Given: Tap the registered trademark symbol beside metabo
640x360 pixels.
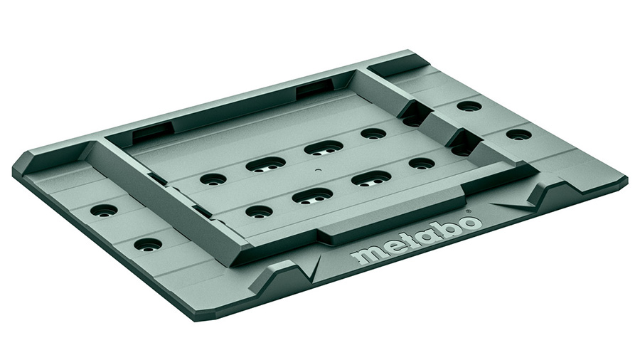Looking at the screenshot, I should [x=468, y=212].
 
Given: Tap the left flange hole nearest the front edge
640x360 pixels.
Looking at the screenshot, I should [x=148, y=245].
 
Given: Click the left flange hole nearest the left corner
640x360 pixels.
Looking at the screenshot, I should [x=104, y=211].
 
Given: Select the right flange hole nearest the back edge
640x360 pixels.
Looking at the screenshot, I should [x=469, y=107].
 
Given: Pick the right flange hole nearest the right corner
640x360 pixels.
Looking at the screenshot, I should [x=518, y=134].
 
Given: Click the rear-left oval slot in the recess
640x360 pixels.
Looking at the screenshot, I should [x=265, y=164].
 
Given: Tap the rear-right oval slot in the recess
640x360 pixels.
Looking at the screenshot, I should [x=324, y=148].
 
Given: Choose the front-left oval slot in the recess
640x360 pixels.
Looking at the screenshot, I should [x=312, y=196].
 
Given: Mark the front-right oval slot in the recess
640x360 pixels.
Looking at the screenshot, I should [x=370, y=178].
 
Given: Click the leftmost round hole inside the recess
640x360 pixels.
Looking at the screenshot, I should [x=213, y=179].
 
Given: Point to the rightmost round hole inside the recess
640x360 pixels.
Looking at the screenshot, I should [x=422, y=164].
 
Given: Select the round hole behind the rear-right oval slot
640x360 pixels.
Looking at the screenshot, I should [x=373, y=134].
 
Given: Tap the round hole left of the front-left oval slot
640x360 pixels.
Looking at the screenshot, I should [x=259, y=212].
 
